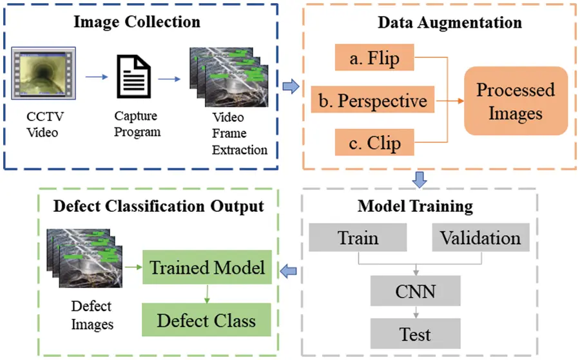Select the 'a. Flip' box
[374, 59]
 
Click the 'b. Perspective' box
[373, 100]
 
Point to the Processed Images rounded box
[515, 101]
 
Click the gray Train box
[358, 238]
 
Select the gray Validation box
[480, 238]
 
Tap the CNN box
[415, 291]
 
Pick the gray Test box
[415, 334]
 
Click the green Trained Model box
[208, 267]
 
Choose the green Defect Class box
[207, 320]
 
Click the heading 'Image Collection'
[137, 21]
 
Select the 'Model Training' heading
[415, 206]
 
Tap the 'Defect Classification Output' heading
[159, 206]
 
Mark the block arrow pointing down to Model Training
[420, 180]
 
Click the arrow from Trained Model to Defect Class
[207, 293]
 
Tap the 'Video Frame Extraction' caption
[240, 134]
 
